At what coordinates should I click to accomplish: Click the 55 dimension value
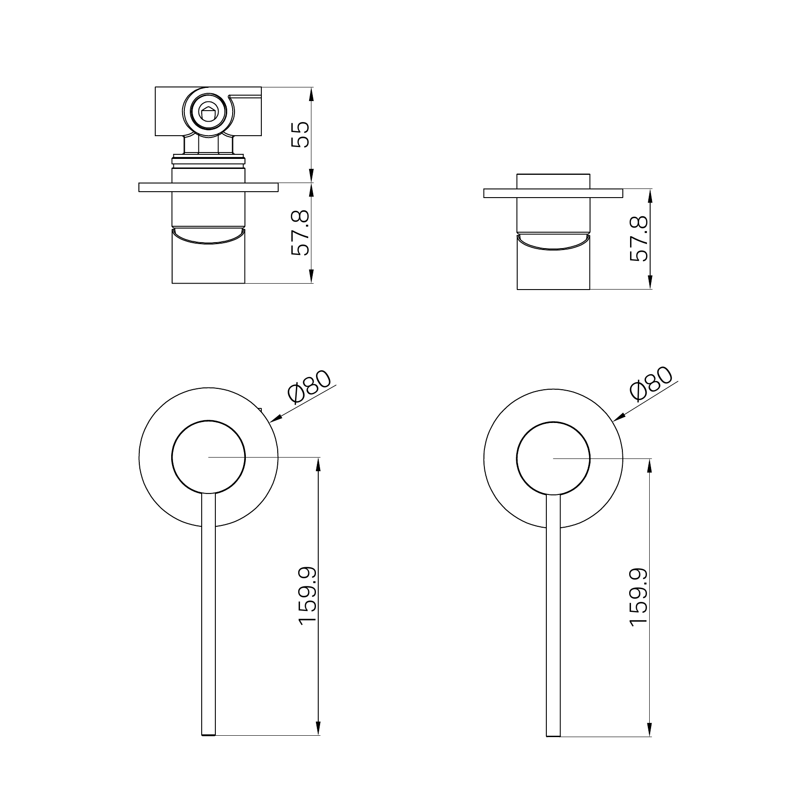pyautogui.click(x=301, y=134)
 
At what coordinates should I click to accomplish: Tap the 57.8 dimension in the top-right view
pyautogui.click(x=639, y=238)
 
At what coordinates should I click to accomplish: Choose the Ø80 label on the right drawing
pyautogui.click(x=651, y=383)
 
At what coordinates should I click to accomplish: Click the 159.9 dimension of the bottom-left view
pyautogui.click(x=308, y=596)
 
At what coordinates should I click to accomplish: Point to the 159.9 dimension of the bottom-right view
pyautogui.click(x=639, y=597)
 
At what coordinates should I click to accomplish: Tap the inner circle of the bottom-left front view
pyautogui.click(x=209, y=420)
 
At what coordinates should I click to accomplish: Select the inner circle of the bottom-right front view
pyautogui.click(x=553, y=422)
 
